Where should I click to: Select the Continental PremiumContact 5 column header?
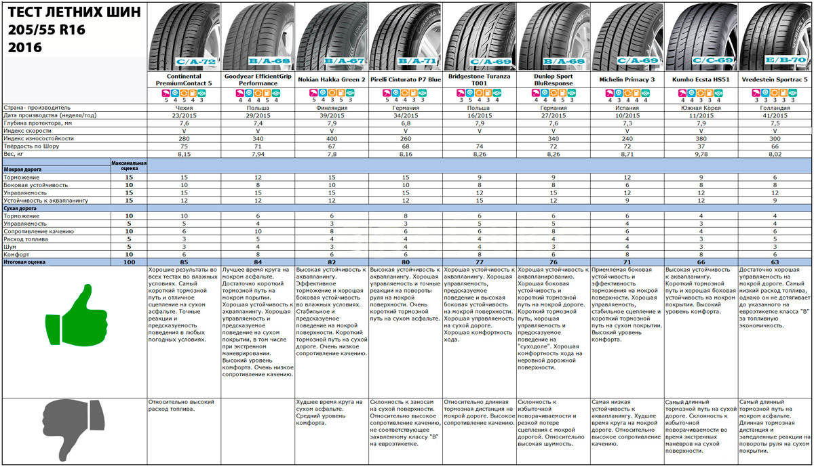184,80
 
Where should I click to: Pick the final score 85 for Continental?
184,261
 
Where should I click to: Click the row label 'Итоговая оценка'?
27,261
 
